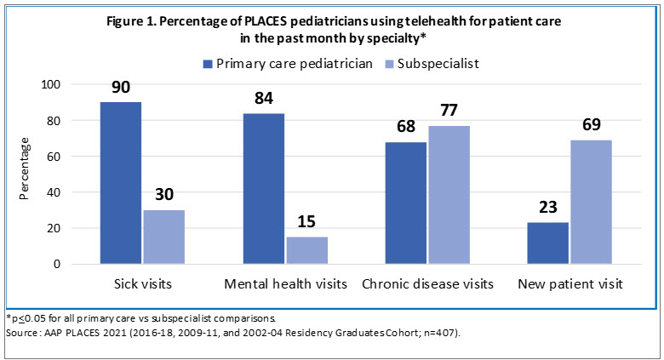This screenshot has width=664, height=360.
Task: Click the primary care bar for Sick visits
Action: pyautogui.click(x=120, y=183)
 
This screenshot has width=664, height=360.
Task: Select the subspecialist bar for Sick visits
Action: pyautogui.click(x=163, y=237)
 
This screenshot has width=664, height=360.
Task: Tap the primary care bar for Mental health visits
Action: pyautogui.click(x=263, y=188)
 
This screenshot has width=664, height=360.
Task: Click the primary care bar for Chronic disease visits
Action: pyautogui.click(x=405, y=203)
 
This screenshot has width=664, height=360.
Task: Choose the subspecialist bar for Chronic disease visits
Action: pyautogui.click(x=448, y=195)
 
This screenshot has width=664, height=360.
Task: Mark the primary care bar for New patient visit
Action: pyautogui.click(x=547, y=243)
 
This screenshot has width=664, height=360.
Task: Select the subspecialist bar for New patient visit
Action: pyautogui.click(x=591, y=202)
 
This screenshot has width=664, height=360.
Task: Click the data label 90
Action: pyautogui.click(x=120, y=88)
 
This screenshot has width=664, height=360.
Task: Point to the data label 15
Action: pyautogui.click(x=306, y=223)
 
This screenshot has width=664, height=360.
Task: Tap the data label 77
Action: pyautogui.click(x=449, y=111)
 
